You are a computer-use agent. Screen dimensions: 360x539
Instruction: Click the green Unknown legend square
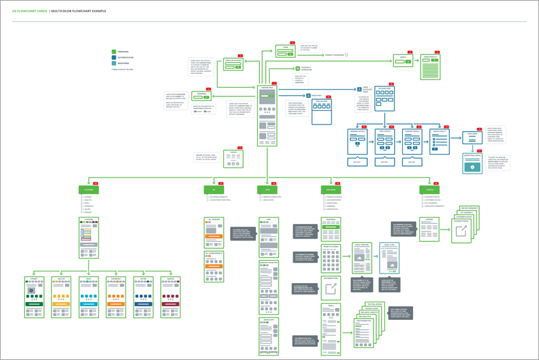(x=114, y=52)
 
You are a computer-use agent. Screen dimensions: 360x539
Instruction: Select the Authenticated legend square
(x=114, y=57)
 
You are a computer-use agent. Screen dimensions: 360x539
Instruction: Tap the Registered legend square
(x=114, y=63)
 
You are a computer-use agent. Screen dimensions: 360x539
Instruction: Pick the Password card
(x=202, y=97)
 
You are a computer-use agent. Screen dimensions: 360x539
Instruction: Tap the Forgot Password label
(x=334, y=55)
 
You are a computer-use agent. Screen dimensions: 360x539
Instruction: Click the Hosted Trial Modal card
(x=472, y=163)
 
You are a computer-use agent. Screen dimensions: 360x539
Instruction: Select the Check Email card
(x=472, y=137)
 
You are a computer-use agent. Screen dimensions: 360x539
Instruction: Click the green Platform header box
(x=88, y=190)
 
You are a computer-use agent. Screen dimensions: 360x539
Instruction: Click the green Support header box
(x=430, y=190)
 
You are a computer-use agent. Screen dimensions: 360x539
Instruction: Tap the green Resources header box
(x=330, y=190)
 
